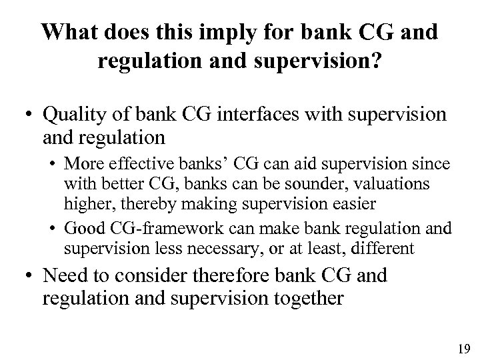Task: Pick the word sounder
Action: pos(303,183)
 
